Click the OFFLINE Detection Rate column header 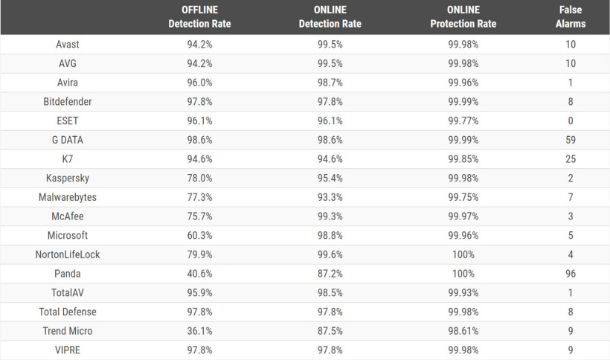tap(199, 17)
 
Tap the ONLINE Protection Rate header tap(463, 17)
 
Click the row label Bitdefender tap(68, 101)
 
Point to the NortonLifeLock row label tap(68, 254)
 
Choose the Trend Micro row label tap(68, 331)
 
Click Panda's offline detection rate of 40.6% tap(199, 274)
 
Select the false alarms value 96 tap(571, 274)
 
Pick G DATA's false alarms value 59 tap(571, 140)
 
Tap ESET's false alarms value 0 tap(571, 120)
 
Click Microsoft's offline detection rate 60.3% tap(199, 235)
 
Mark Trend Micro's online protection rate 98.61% tap(463, 331)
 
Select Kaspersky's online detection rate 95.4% tap(330, 178)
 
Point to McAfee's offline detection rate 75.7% tap(199, 216)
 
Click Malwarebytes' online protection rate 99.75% tap(463, 197)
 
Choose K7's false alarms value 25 tap(571, 158)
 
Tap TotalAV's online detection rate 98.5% tap(330, 293)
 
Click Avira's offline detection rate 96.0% tap(199, 83)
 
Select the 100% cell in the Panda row tap(463, 274)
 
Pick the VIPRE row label tap(68, 350)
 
